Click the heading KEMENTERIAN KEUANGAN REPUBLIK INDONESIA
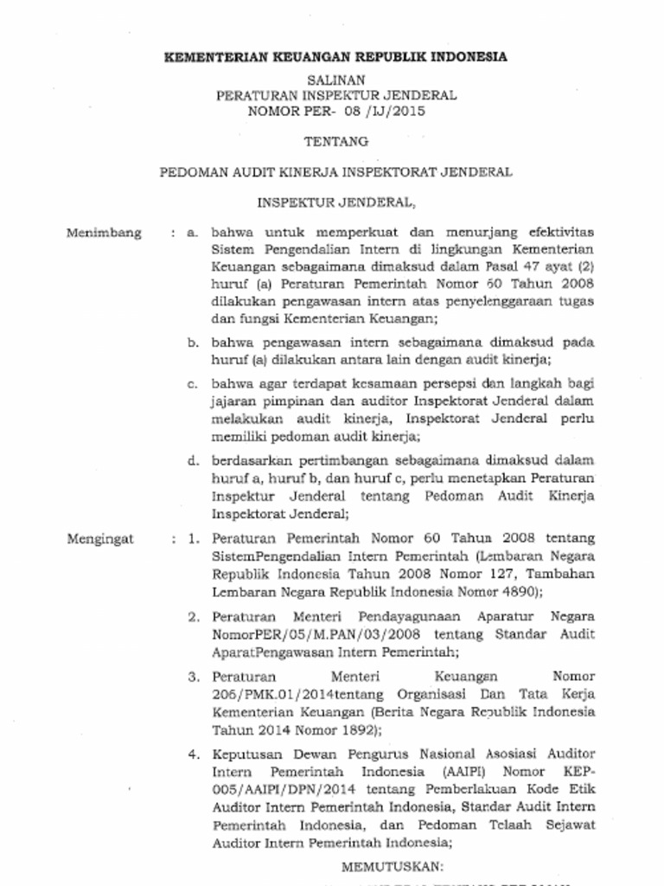(x=335, y=58)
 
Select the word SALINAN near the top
(x=335, y=80)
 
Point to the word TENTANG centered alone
(x=335, y=141)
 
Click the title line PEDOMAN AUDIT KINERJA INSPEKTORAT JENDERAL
(x=335, y=172)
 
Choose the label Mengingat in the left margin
(x=101, y=539)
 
